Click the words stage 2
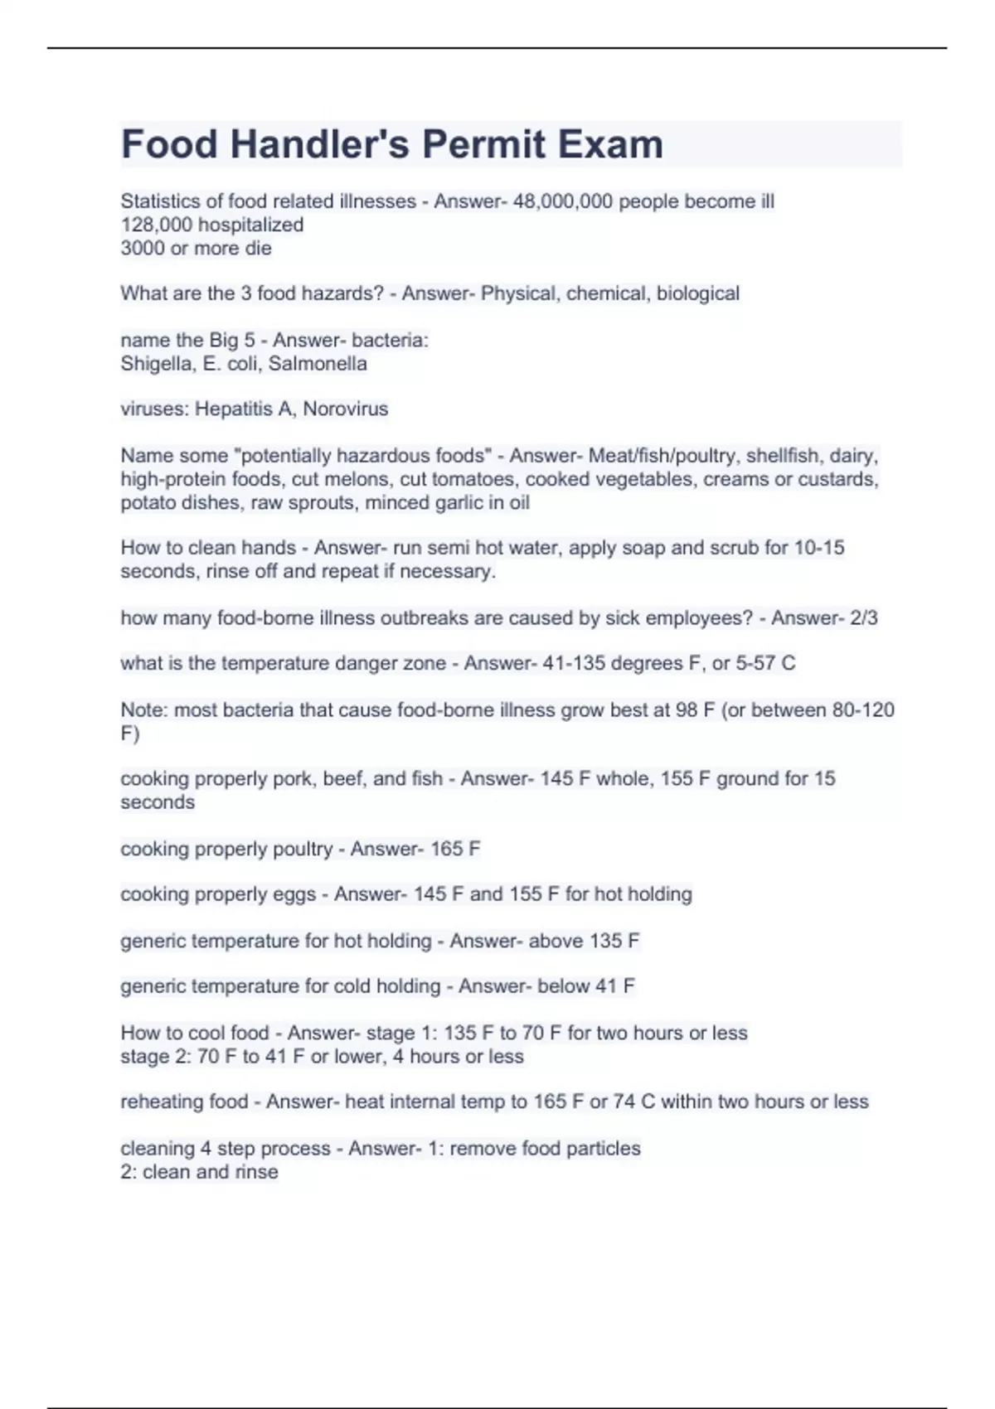click(x=156, y=1057)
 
